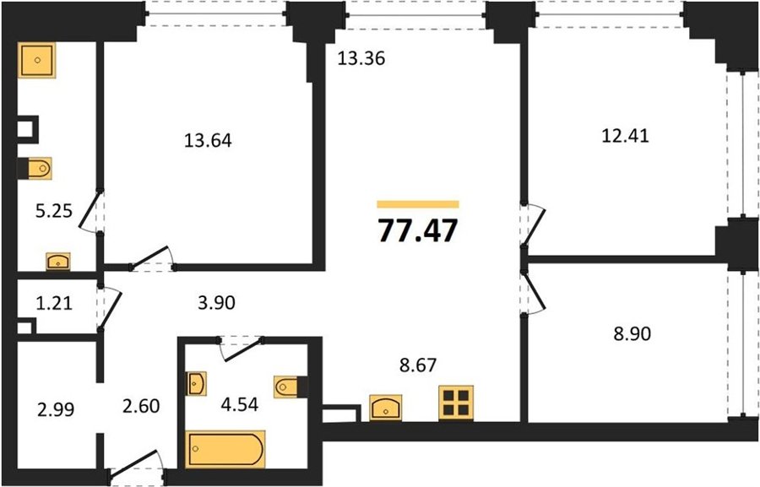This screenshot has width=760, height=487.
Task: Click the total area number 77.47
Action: click(417, 230)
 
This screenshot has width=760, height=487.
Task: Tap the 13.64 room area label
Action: click(208, 140)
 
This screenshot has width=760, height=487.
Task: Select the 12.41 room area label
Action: click(625, 135)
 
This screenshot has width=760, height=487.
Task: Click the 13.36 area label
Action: click(361, 58)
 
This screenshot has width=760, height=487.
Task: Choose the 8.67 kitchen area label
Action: click(418, 365)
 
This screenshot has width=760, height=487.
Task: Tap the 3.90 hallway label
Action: click(217, 303)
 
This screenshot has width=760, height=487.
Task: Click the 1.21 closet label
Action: click(54, 303)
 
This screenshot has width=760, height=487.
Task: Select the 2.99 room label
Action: click(56, 410)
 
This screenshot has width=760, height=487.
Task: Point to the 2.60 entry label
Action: click(141, 406)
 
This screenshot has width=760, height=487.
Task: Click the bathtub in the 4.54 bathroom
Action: click(225, 449)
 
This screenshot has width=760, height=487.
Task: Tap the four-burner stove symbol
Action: click(456, 403)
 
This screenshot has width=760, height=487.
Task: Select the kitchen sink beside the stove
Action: click(385, 408)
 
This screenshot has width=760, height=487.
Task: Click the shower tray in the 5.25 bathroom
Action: click(37, 60)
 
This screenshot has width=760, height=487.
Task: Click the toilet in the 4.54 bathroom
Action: click(290, 387)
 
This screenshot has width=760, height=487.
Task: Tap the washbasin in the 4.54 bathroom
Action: click(196, 384)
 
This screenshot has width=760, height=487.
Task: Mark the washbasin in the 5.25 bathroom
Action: click(58, 262)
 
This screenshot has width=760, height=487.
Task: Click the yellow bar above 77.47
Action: click(418, 204)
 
